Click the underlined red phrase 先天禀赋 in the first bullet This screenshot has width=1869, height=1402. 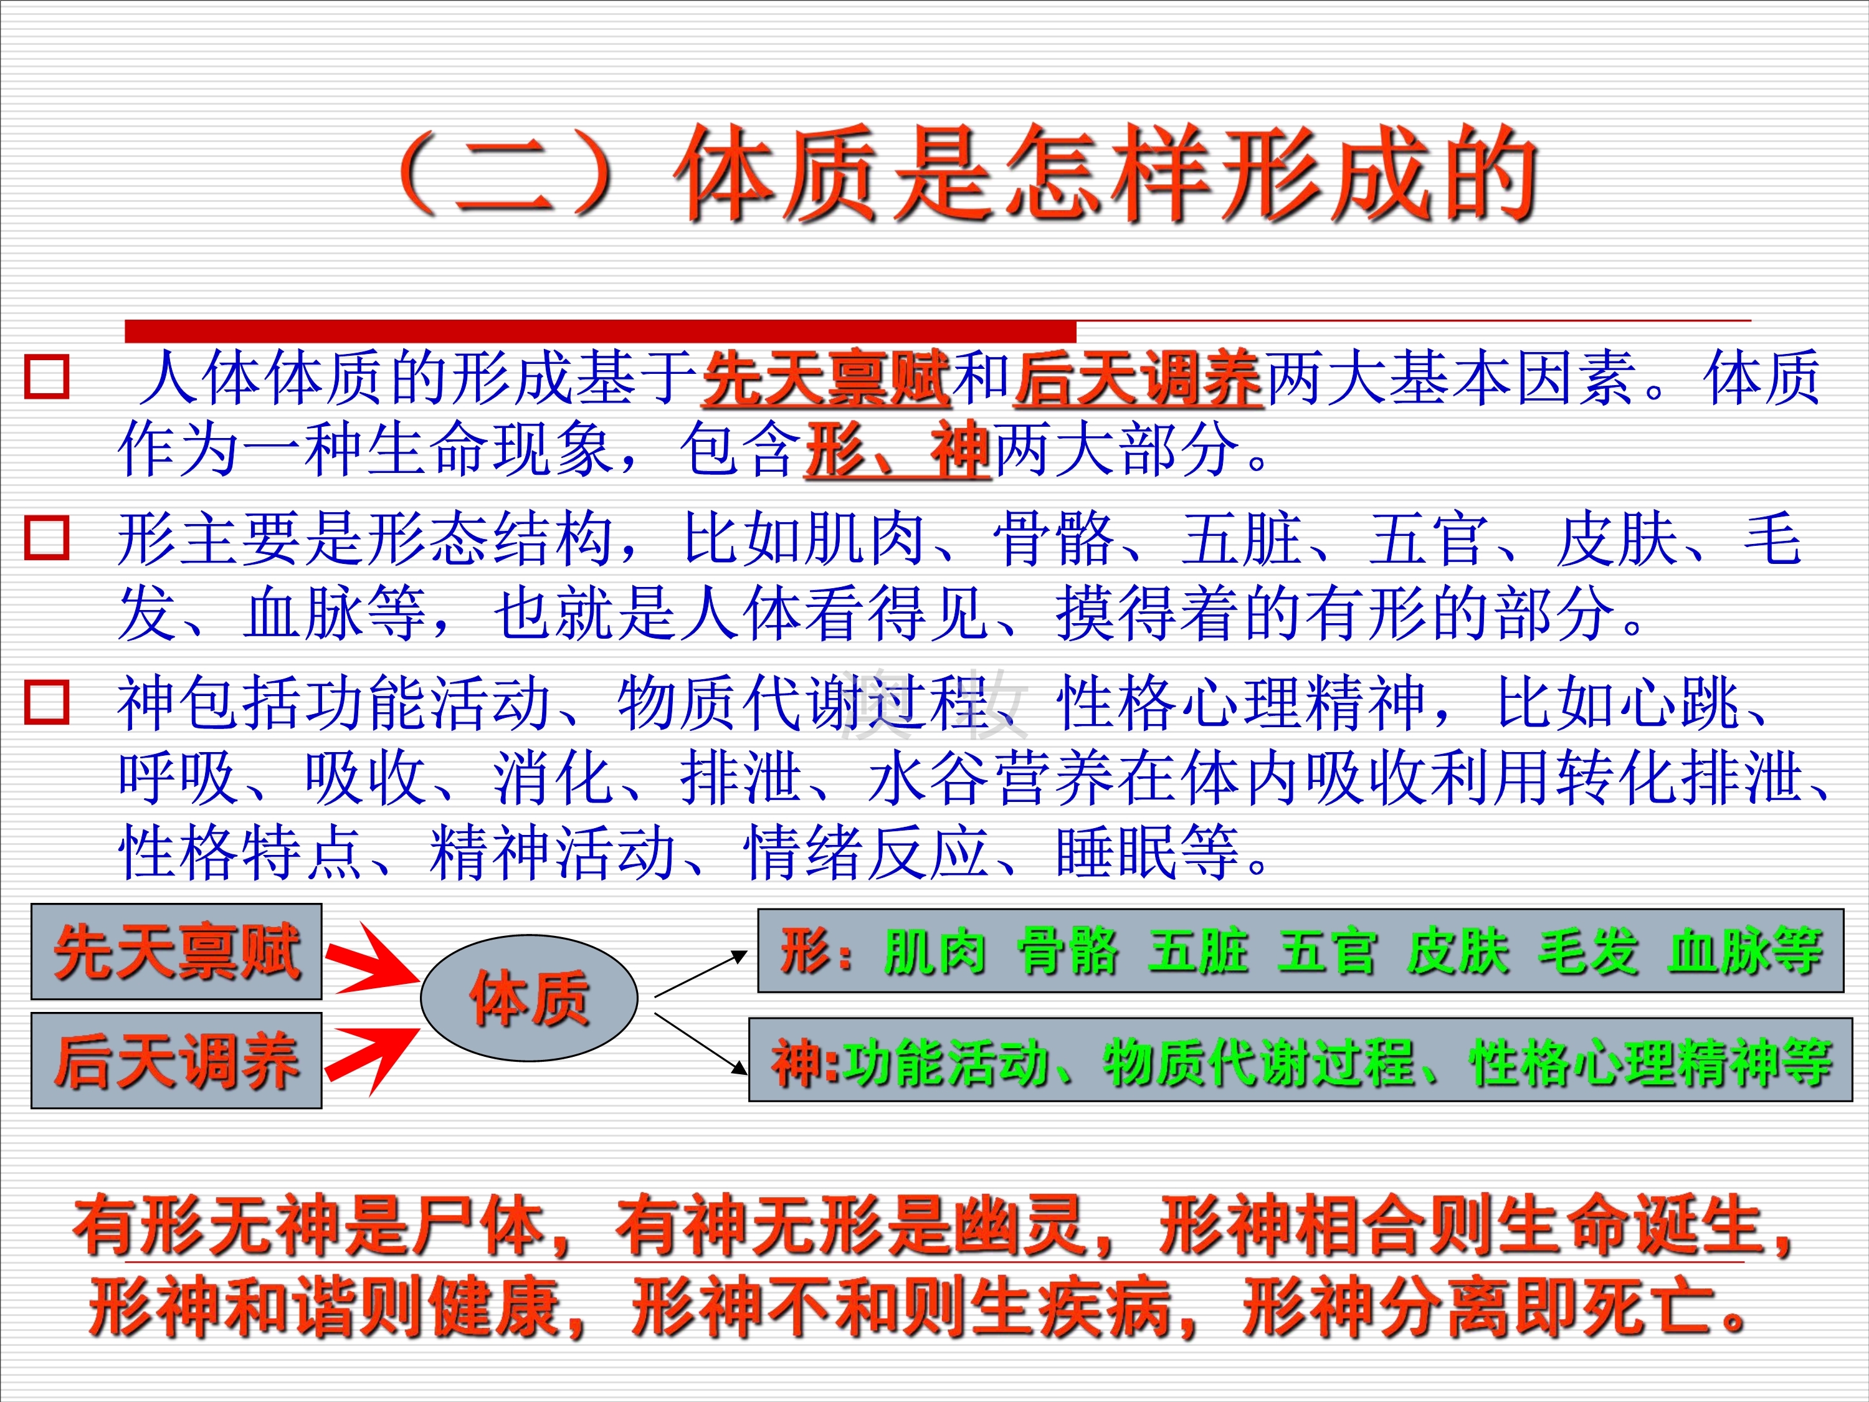coord(826,379)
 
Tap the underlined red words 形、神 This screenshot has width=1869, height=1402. coord(896,450)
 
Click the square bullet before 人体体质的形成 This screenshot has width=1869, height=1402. coord(47,377)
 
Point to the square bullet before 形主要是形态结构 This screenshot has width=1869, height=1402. coord(47,538)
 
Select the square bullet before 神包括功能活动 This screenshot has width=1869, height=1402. coord(47,702)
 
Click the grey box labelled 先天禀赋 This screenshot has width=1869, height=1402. coord(176,951)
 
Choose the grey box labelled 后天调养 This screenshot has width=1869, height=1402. coord(176,1060)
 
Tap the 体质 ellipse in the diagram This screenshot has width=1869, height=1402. coord(529,998)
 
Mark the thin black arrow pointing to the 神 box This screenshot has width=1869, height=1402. coord(701,1044)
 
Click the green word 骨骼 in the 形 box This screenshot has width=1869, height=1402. coord(1068,951)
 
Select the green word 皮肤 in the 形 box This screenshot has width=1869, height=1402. coord(1458,951)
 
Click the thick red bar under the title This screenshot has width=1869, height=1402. coord(601,331)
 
